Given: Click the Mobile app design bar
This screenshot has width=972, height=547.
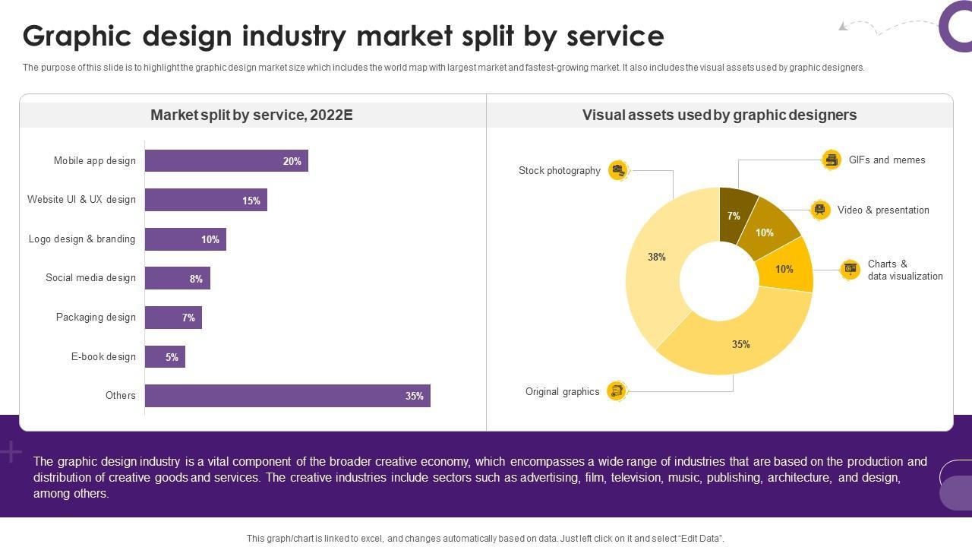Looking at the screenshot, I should [226, 161].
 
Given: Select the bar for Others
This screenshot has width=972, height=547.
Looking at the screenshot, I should [287, 396].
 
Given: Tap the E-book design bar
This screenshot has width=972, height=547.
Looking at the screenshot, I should [165, 357].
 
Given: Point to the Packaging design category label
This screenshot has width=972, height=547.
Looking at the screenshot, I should [96, 318].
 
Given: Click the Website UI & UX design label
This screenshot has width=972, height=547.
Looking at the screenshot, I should [81, 200].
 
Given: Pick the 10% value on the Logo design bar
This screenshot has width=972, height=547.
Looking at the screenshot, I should [210, 239].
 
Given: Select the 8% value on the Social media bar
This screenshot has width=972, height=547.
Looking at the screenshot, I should [196, 279].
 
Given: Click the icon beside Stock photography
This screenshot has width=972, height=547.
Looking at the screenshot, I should [618, 170].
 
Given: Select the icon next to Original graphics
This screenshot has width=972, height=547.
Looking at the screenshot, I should [617, 391].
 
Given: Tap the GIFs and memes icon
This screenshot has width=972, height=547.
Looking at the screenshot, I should [832, 160].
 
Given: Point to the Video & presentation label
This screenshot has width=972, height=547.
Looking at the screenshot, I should [883, 210].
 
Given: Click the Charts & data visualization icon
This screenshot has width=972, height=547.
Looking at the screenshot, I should [850, 269].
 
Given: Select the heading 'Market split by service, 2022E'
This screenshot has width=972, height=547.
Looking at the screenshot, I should [251, 115].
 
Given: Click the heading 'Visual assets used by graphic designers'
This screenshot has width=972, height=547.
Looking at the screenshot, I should [719, 115].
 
